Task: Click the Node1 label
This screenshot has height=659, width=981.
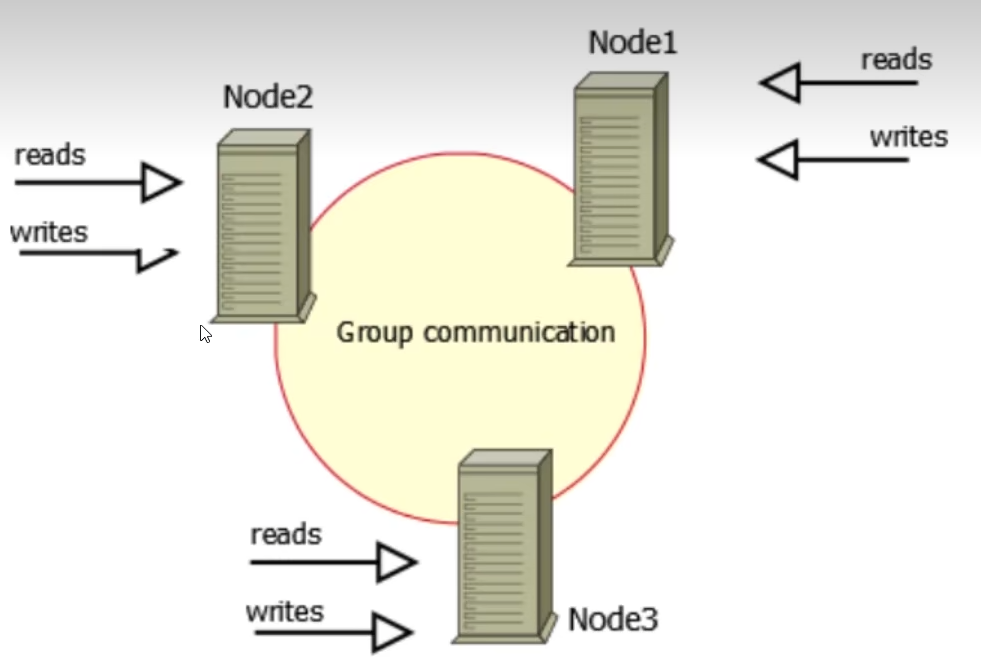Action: pos(633,43)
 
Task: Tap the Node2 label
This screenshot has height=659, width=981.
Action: pos(268,97)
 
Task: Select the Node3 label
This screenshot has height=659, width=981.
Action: pos(612,620)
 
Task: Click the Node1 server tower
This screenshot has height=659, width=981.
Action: pos(621,170)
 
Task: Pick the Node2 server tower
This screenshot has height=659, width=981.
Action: pos(263,226)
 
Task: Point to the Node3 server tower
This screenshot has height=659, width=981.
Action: pos(504,546)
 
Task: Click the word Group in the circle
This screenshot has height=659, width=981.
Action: pos(374,333)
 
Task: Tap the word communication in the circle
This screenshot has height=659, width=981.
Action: pos(519,332)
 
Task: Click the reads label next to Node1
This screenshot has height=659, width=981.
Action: pos(897,60)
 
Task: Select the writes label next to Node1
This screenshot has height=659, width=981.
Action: pos(909,137)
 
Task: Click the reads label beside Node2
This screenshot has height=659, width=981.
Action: pos(50,155)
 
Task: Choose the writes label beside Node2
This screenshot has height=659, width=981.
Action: pos(49,232)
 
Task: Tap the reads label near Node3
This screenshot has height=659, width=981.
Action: pos(286,535)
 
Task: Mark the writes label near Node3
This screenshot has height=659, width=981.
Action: pos(285,611)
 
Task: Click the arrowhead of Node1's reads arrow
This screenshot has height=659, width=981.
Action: pos(780,83)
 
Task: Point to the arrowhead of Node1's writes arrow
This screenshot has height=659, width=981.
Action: pos(778,160)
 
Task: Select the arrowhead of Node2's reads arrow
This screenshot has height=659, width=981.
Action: pos(162,183)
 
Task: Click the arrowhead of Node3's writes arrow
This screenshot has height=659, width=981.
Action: pos(392,632)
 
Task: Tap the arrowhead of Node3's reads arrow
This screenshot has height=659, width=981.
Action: pos(397,562)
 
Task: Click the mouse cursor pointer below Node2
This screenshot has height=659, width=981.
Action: pos(205,334)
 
